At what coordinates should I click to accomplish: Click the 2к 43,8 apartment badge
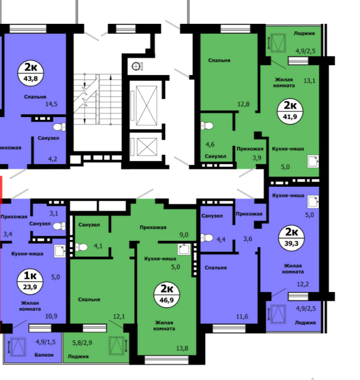[x=31, y=73]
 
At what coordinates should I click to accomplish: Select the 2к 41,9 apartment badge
[x=290, y=111]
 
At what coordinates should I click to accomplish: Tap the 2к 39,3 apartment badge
[x=291, y=238]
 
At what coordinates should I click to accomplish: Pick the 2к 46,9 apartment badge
[x=167, y=294]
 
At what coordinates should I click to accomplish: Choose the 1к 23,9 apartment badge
[x=30, y=282]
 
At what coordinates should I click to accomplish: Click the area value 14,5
[x=51, y=104]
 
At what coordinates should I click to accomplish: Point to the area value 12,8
[x=244, y=104]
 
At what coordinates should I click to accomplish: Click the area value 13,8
[x=182, y=348]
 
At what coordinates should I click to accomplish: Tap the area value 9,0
[x=184, y=235]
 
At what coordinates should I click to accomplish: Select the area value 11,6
[x=242, y=317]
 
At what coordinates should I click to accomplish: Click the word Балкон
[x=44, y=355]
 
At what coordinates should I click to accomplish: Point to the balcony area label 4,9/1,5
[x=45, y=342]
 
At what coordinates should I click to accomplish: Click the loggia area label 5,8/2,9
[x=82, y=343]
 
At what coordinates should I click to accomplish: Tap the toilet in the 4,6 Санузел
[x=206, y=126]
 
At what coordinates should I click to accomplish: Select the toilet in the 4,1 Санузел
[x=81, y=247]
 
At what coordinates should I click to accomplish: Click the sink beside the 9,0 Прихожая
[x=184, y=249]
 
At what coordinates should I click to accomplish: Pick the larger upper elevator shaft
[x=147, y=105]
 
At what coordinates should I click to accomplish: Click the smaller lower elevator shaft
[x=147, y=147]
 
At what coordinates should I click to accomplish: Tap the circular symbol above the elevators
[x=136, y=66]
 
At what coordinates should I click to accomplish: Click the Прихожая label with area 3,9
[x=249, y=149]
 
